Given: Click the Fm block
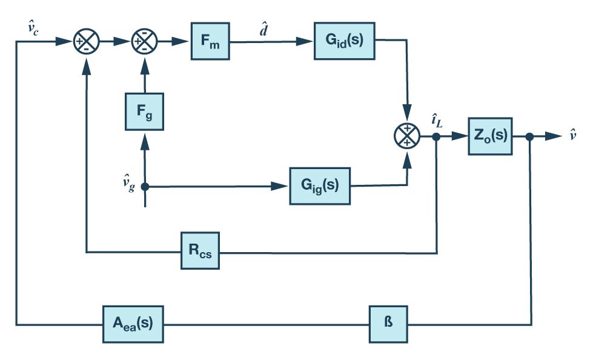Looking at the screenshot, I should (210, 41).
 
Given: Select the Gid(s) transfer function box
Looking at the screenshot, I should (344, 41).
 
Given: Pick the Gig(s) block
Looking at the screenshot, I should (320, 186).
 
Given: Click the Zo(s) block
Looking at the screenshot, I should (490, 136).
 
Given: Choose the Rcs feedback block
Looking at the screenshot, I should (200, 250).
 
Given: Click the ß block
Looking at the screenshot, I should (388, 324).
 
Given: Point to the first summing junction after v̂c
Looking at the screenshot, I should (87, 42).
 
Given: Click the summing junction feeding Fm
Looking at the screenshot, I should (144, 42).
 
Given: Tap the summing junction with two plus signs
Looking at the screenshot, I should (407, 136).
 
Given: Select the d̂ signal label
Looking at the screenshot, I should (264, 30).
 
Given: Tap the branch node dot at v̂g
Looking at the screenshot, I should (145, 187).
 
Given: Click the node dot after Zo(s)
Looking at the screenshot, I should (530, 136).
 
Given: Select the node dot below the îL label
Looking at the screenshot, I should (437, 136).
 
